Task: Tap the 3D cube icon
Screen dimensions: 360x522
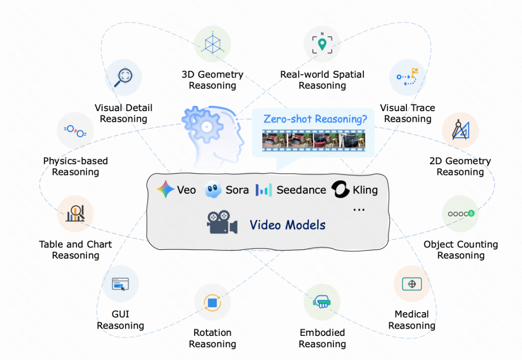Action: [x=212, y=44]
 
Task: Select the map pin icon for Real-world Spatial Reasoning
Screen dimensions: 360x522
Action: [x=322, y=44]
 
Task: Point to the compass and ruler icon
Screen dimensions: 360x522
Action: [x=460, y=130]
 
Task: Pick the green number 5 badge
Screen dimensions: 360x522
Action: [x=471, y=213]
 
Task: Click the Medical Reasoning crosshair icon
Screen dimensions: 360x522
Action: [x=412, y=284]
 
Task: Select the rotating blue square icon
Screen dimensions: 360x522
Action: [x=212, y=302]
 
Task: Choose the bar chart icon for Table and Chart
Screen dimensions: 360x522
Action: [x=75, y=214]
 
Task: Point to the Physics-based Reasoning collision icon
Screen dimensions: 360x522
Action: [x=75, y=130]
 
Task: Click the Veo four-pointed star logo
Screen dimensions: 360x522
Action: [x=165, y=190]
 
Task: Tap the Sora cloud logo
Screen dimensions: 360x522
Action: [x=214, y=190]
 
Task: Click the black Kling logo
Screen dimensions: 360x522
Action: [x=340, y=190]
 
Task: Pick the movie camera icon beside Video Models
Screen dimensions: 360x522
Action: [x=222, y=223]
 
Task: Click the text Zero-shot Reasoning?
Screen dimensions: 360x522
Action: [x=315, y=119]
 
